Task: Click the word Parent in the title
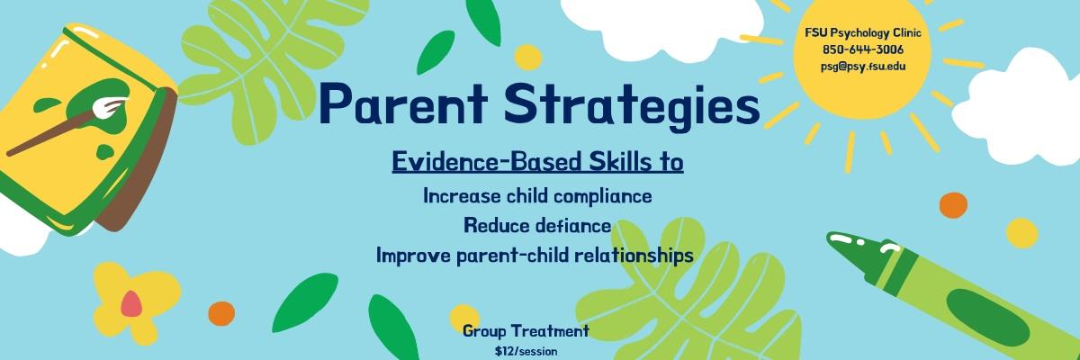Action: [402, 104]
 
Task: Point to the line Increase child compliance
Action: [537, 195]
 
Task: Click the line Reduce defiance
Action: [537, 225]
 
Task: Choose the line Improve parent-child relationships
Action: [535, 256]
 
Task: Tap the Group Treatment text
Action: [526, 331]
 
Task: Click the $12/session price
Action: [526, 351]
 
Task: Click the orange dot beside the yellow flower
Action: [220, 312]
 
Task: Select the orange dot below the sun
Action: [952, 205]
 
